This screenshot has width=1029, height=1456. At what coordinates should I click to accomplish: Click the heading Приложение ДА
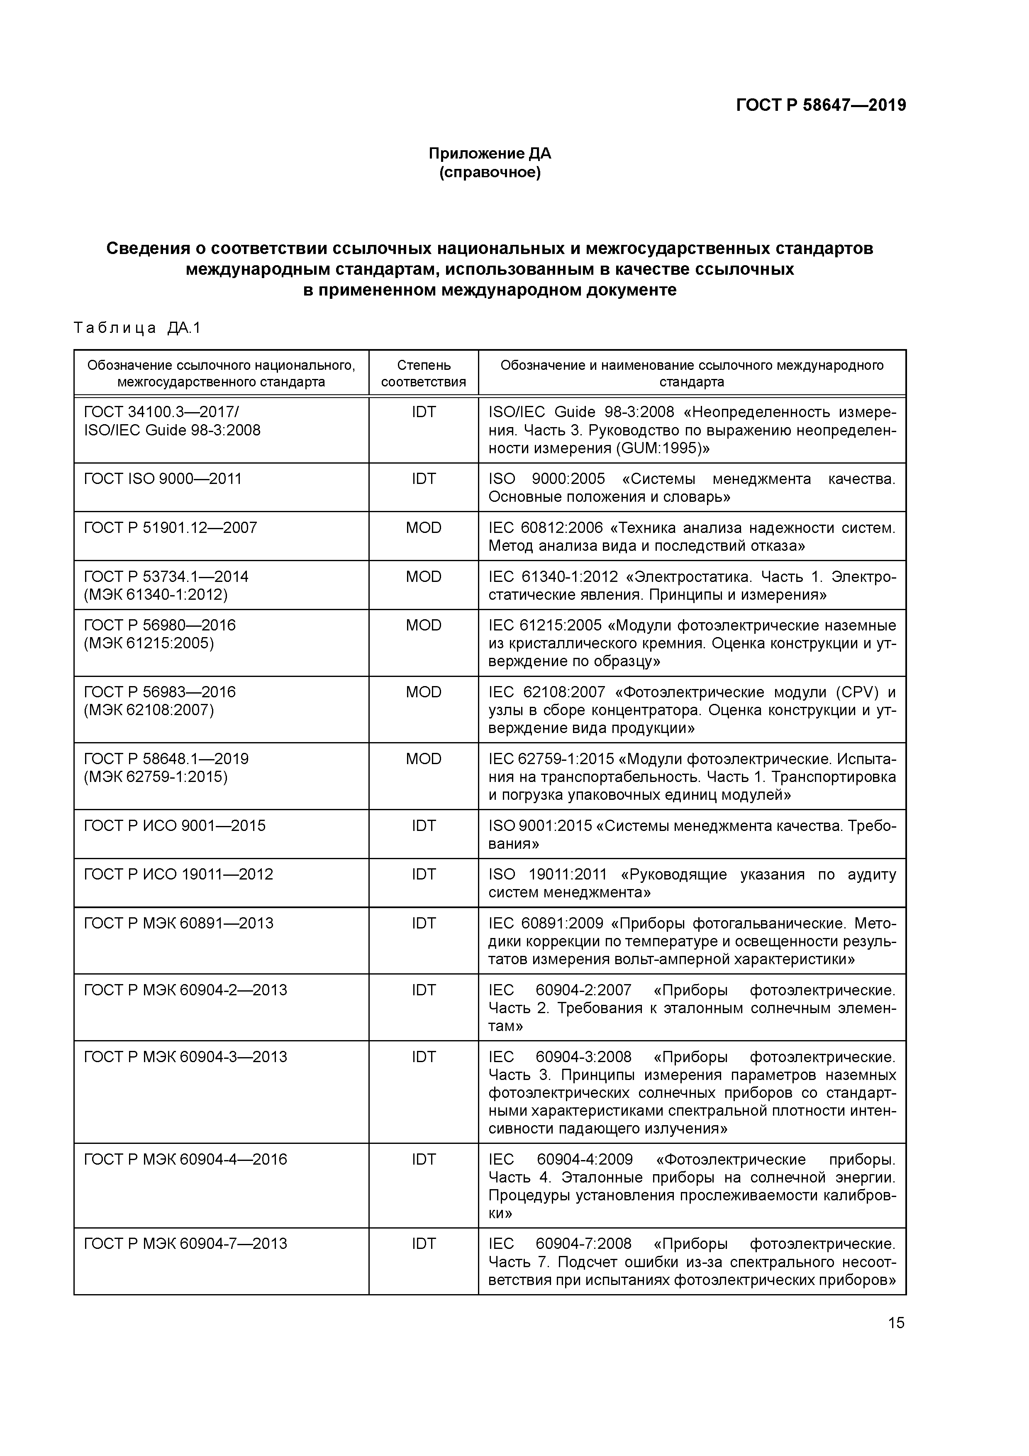(490, 154)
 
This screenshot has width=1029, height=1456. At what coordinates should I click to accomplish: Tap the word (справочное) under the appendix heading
(490, 173)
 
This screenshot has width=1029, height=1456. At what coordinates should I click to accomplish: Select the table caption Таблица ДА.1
(137, 328)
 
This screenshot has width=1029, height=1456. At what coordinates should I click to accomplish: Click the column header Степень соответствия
(424, 374)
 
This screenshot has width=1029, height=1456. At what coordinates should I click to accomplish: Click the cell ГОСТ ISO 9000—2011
(163, 479)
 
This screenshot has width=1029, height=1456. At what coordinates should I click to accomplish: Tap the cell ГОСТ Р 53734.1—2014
(166, 577)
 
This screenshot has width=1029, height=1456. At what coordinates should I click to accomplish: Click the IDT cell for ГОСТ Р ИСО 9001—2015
(424, 826)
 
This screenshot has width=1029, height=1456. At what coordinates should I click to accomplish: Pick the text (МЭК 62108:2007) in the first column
(149, 710)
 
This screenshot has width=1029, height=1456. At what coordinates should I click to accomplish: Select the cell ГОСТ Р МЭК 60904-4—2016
(185, 1159)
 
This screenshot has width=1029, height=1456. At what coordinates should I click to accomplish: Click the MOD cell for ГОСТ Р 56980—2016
(424, 625)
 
